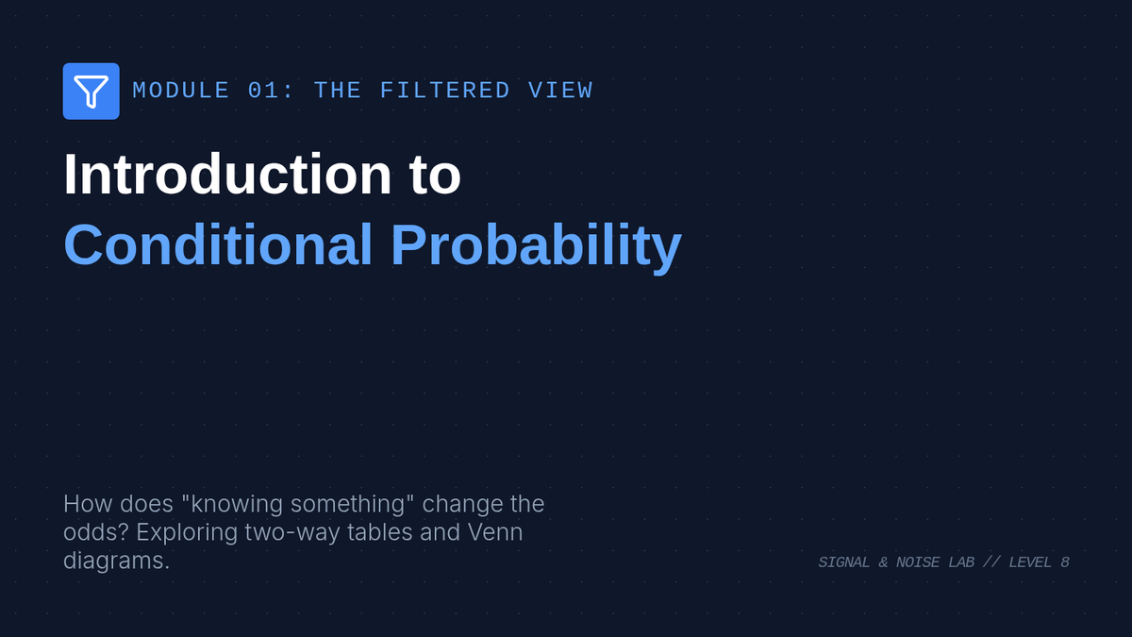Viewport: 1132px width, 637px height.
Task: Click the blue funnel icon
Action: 91,91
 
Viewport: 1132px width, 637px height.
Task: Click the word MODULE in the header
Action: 181,91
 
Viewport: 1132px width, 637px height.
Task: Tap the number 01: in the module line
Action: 271,91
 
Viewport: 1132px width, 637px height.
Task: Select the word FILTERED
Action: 444,91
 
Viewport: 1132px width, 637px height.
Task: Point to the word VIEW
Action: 560,91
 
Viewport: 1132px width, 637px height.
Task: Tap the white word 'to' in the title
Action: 435,175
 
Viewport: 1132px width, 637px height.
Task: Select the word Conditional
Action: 218,244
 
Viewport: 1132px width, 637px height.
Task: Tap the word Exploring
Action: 187,533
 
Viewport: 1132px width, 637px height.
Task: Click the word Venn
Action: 495,532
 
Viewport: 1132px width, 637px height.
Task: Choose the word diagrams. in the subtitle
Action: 116,562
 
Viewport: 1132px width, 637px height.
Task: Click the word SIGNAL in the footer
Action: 844,562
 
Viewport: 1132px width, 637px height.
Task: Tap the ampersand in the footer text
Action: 883,562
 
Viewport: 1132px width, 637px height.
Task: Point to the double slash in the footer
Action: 991,562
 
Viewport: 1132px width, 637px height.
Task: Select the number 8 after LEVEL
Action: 1065,562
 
